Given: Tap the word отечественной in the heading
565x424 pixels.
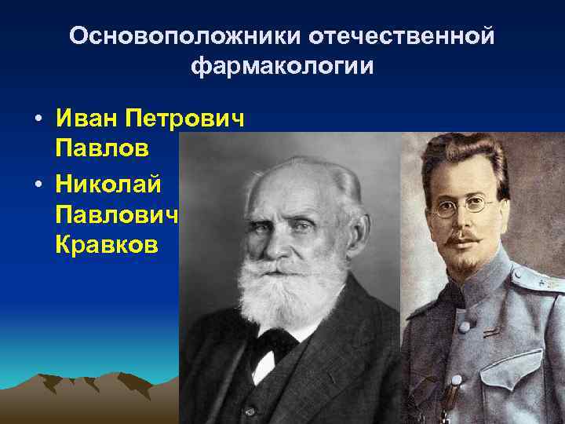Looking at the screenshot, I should point(403,37).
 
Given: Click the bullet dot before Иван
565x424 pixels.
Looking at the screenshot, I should point(38,121).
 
